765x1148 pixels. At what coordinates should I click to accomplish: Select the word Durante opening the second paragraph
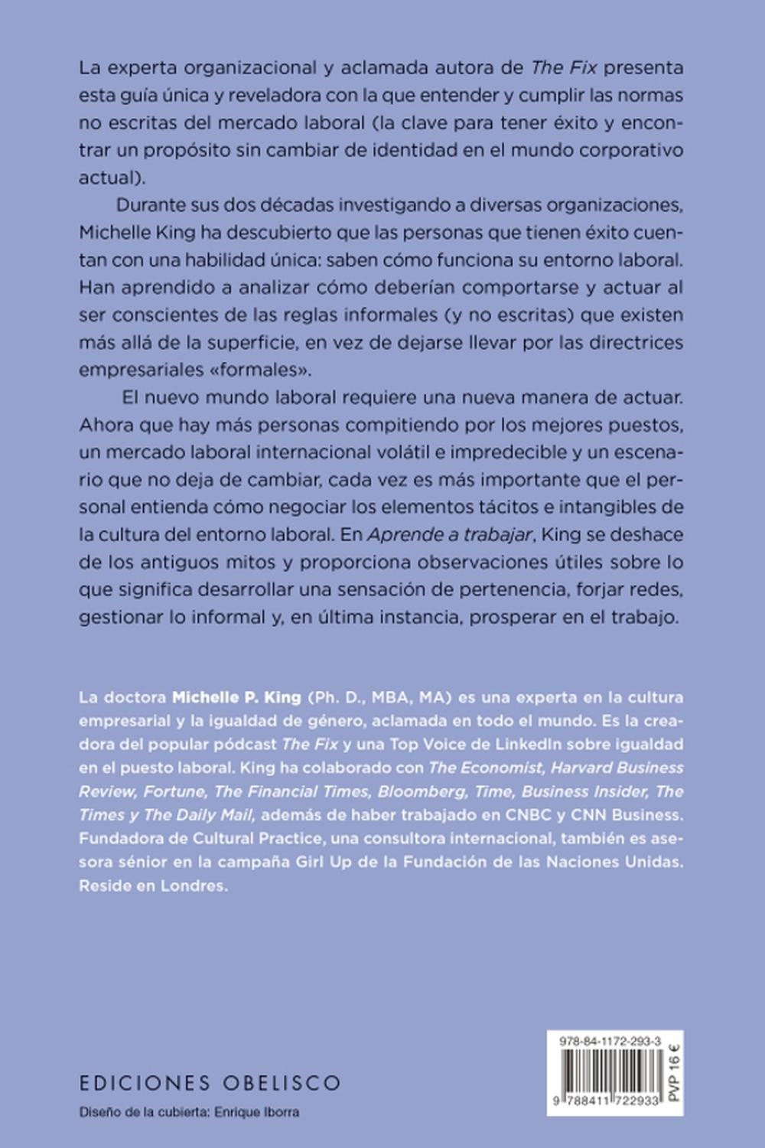coord(153,204)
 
